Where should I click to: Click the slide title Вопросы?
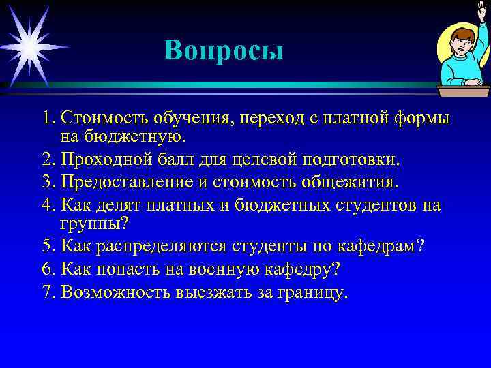tap(223, 50)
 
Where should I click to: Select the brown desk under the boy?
tap(464, 91)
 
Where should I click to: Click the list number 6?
tap(46, 269)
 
